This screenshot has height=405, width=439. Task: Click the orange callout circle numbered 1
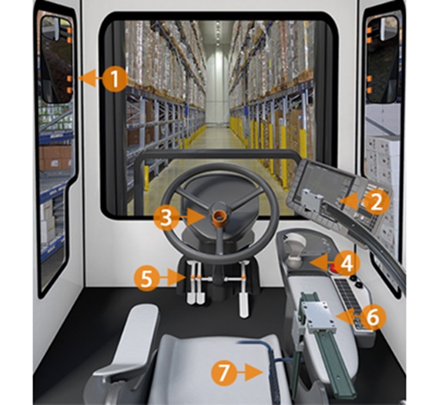pos(114,78)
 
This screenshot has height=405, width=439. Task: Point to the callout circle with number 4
pos(348,263)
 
